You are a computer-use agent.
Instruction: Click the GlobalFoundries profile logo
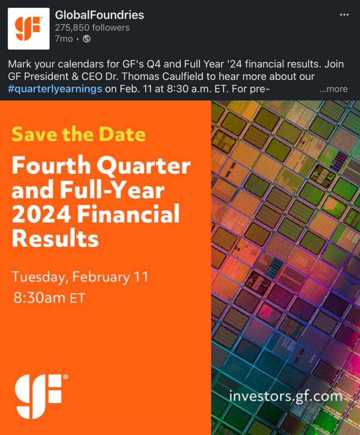coord(28,28)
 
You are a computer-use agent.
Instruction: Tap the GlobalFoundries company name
coord(99,15)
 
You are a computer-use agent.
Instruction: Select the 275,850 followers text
coord(92,28)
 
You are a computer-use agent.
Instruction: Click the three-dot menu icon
coord(344,15)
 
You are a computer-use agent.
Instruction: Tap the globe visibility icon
coord(87,39)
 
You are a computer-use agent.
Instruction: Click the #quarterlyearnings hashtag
coord(55,89)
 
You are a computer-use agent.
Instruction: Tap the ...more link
coord(333,89)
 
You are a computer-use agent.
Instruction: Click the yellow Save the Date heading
coord(79,134)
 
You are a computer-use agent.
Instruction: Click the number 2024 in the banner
coord(41,214)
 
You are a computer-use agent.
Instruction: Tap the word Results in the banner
coord(55,238)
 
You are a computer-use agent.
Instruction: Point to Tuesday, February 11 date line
coord(79,277)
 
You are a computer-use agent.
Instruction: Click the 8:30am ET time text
coord(49,298)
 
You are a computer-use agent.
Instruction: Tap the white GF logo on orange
coord(41,396)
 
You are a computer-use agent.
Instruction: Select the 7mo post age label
coord(64,39)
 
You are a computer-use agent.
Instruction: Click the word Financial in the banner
coord(128,214)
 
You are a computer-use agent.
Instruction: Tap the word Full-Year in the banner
coord(112,190)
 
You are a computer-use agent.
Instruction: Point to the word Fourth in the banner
coord(51,165)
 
